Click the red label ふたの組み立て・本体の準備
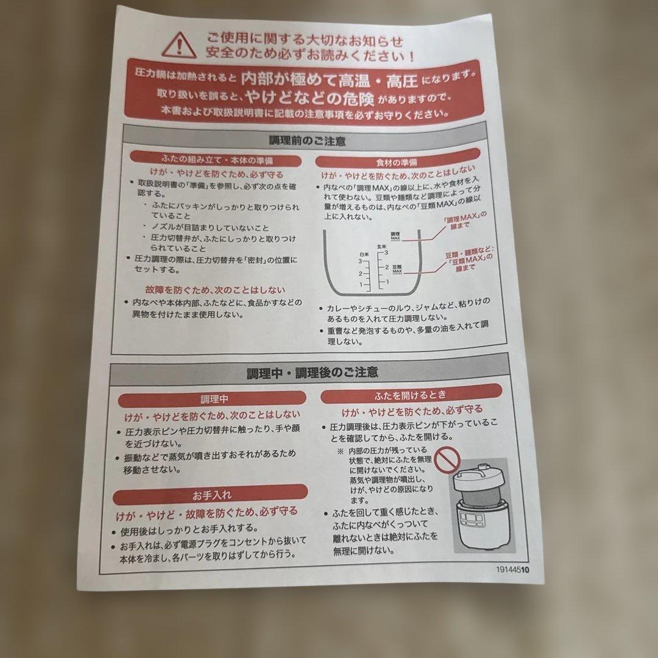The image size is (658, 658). [218, 160]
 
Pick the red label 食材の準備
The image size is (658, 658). [397, 163]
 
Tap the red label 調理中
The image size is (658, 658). [215, 400]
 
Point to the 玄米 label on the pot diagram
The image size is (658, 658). [383, 246]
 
